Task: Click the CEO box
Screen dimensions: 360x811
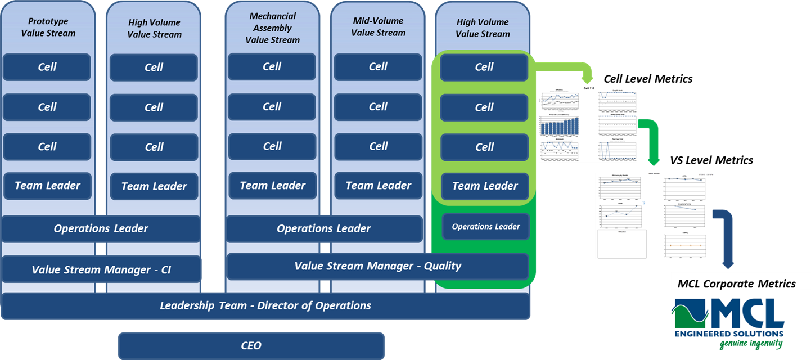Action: click(x=251, y=345)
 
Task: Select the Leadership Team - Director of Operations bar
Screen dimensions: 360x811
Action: click(x=265, y=306)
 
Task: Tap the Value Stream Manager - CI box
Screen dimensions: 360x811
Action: click(x=101, y=269)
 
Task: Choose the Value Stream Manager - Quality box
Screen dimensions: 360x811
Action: click(x=377, y=266)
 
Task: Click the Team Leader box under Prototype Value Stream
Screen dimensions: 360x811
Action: click(x=47, y=186)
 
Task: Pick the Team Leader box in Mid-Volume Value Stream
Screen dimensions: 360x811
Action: click(x=378, y=186)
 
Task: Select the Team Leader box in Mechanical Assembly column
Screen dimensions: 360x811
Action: click(x=272, y=186)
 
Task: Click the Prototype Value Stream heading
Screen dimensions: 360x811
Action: click(x=48, y=27)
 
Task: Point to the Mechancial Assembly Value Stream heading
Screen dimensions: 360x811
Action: click(x=272, y=28)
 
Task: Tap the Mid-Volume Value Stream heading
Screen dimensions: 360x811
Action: click(x=378, y=27)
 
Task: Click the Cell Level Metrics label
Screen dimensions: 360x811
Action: click(x=648, y=79)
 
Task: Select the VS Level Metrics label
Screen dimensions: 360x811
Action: click(x=711, y=160)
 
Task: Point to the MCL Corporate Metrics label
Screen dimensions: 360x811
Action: click(x=736, y=283)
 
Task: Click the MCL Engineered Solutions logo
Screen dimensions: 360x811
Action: click(x=728, y=323)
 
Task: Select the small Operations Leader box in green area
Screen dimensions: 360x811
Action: click(x=485, y=227)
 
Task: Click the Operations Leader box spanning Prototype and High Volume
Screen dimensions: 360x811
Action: click(x=101, y=229)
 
